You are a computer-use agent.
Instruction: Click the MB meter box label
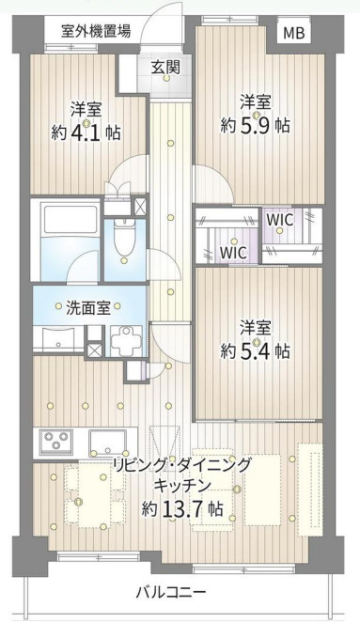pyautogui.click(x=293, y=33)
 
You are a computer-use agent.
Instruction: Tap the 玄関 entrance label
pyautogui.click(x=165, y=68)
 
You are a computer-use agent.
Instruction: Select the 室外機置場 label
pyautogui.click(x=96, y=31)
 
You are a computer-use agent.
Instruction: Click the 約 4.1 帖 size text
pyautogui.click(x=86, y=132)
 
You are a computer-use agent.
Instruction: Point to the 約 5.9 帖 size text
pyautogui.click(x=255, y=125)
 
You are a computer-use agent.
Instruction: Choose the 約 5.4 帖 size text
pyautogui.click(x=255, y=350)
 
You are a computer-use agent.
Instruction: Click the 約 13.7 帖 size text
pyautogui.click(x=182, y=508)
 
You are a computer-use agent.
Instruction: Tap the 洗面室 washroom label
pyautogui.click(x=87, y=308)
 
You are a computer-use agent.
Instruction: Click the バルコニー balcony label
pyautogui.click(x=171, y=593)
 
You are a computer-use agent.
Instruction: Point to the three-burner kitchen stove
pyautogui.click(x=56, y=441)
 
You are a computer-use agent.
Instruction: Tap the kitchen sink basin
pyautogui.click(x=107, y=441)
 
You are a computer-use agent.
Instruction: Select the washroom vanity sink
pyautogui.click(x=58, y=338)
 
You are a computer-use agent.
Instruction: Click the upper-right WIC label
pyautogui.click(x=280, y=219)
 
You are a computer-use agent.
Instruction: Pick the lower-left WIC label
pyautogui.click(x=234, y=253)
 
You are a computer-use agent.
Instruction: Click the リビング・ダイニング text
pyautogui.click(x=182, y=464)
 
